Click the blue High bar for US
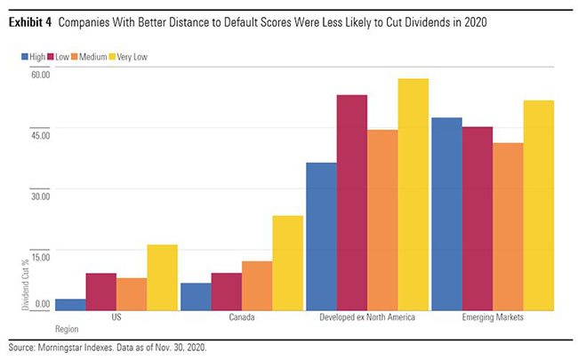click(70, 304)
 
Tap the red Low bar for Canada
click(226, 292)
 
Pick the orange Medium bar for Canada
click(257, 285)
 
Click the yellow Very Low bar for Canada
click(287, 262)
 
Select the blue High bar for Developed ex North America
click(321, 236)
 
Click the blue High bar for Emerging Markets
click(446, 213)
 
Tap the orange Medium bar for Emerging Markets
click(508, 226)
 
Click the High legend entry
click(36, 56)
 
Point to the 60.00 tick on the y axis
click(39, 74)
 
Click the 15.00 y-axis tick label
click(39, 253)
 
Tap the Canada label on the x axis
click(242, 317)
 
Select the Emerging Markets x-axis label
click(492, 317)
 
